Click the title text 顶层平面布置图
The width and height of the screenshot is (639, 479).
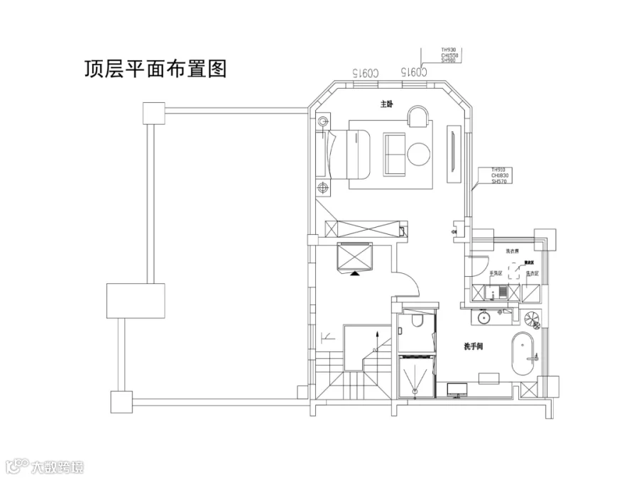point(155,69)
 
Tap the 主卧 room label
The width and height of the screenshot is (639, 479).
point(386,104)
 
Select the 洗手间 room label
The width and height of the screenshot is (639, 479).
point(473,346)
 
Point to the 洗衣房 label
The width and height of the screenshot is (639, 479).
point(512,251)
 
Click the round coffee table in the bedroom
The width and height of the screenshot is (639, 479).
point(418,153)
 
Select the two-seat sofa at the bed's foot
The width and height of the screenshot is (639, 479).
point(394,154)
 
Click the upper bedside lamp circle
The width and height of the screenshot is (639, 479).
point(324,121)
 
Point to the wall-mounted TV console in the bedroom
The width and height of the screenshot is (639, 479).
point(452,150)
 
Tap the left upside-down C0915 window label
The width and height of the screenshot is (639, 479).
point(365,72)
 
